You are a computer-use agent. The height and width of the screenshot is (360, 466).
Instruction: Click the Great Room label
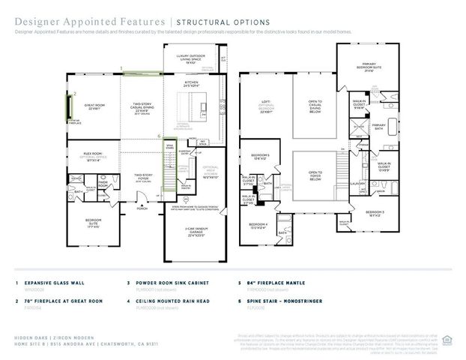click(94, 107)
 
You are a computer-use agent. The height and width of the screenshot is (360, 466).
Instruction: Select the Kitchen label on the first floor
click(192, 85)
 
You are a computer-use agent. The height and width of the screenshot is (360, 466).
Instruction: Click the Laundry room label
click(357, 182)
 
